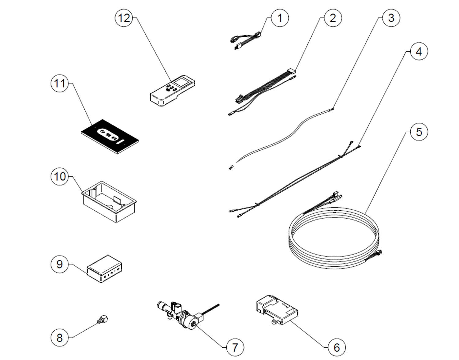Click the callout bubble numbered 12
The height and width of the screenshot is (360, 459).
tap(124, 18)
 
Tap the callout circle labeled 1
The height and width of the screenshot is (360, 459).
tap(280, 18)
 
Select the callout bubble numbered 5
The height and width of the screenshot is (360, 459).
tap(419, 132)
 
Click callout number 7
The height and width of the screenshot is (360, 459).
tap(235, 347)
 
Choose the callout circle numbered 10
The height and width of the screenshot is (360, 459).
tap(60, 176)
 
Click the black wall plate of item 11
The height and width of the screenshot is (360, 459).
tap(110, 136)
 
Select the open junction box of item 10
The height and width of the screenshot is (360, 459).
tap(110, 202)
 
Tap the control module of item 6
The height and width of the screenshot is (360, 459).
tap(277, 310)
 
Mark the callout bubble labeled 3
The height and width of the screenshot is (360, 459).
tap(391, 18)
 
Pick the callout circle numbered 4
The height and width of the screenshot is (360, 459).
tap(419, 51)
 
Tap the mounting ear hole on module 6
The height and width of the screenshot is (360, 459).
tap(274, 322)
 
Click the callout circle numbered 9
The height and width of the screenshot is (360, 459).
tap(60, 264)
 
